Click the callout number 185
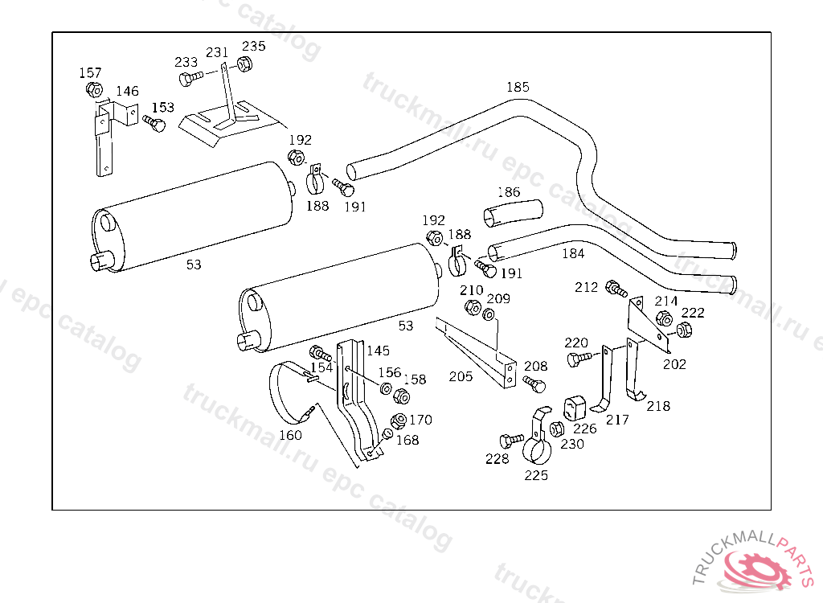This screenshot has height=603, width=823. (x=518, y=87)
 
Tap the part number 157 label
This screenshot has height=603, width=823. (x=90, y=73)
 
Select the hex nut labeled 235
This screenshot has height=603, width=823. (x=244, y=64)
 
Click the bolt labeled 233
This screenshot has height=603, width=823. (x=190, y=78)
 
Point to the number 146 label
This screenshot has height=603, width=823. (x=127, y=92)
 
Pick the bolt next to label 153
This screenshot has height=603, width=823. (x=154, y=124)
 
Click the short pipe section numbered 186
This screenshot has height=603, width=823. (x=513, y=213)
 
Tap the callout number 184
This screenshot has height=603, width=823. (x=573, y=254)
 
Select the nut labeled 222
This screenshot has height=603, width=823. (x=685, y=330)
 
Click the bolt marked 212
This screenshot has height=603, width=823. (x=616, y=289)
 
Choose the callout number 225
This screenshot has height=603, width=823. (x=536, y=475)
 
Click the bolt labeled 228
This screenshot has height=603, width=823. (x=511, y=440)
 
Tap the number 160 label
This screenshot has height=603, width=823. (x=290, y=436)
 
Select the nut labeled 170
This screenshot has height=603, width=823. (x=399, y=420)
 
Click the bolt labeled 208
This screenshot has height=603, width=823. (x=534, y=384)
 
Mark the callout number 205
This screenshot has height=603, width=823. (x=461, y=376)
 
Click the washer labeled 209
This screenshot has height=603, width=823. (x=488, y=314)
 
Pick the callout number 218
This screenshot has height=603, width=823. (x=658, y=406)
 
